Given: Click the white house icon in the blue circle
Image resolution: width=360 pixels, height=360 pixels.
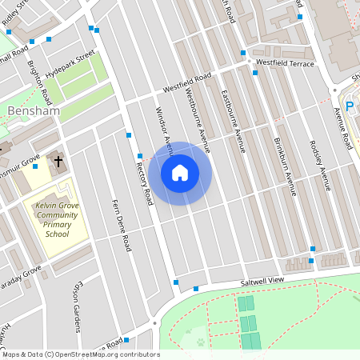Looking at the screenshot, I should tap(179, 172).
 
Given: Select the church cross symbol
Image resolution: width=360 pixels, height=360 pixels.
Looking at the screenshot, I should tap(58, 161).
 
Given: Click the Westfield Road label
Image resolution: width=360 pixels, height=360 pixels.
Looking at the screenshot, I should tap(187, 82).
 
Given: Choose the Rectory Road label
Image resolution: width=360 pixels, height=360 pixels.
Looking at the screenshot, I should tap(144, 180).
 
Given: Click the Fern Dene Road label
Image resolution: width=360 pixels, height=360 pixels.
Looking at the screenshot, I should tap(121, 226).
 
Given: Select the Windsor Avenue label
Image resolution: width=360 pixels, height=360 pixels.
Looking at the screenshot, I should tap(163, 128).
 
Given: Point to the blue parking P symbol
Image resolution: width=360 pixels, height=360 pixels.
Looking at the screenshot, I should tap(350, 103).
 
